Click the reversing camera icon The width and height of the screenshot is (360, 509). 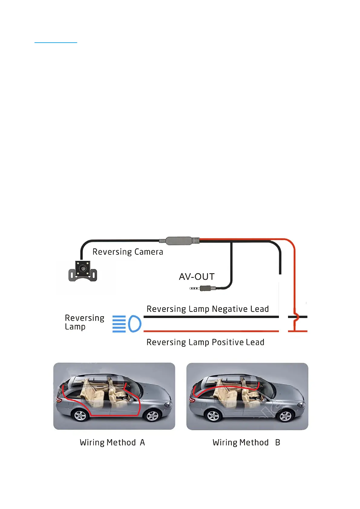(x=83, y=271)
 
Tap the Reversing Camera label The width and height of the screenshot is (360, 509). (x=128, y=252)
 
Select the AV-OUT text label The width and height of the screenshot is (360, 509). (x=197, y=277)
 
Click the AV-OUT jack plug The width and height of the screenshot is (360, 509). (x=203, y=288)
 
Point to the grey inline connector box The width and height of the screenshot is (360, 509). (x=179, y=241)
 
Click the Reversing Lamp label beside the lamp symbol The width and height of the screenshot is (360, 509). (x=84, y=322)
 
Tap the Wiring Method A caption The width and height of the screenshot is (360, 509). (x=112, y=443)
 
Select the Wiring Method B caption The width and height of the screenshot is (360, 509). (x=246, y=443)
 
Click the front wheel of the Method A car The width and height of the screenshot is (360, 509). (x=152, y=416)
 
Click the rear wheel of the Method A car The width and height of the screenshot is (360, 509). (x=80, y=416)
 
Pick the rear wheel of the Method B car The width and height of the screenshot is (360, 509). (x=213, y=416)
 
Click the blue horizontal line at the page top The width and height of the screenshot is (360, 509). (x=56, y=43)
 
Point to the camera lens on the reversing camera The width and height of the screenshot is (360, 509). (x=82, y=268)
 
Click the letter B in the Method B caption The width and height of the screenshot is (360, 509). (x=277, y=443)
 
